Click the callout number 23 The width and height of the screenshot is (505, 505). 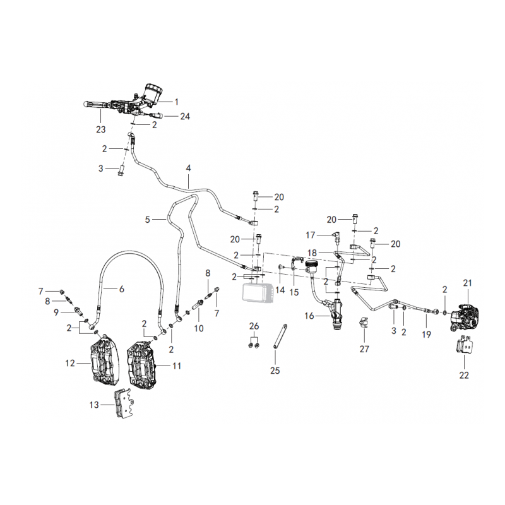pyautogui.click(x=101, y=129)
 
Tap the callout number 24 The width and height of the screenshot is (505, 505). pyautogui.click(x=185, y=116)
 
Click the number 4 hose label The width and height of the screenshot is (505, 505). pyautogui.click(x=188, y=168)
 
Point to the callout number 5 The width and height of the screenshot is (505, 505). pyautogui.click(x=148, y=220)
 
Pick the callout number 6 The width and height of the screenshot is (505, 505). pyautogui.click(x=121, y=289)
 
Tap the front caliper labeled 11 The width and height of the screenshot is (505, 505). pyautogui.click(x=141, y=364)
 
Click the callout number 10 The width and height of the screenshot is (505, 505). pyautogui.click(x=199, y=328)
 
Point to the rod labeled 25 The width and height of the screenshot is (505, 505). pyautogui.click(x=280, y=336)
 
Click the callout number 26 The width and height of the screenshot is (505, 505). pyautogui.click(x=254, y=326)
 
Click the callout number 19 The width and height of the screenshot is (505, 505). pyautogui.click(x=427, y=335)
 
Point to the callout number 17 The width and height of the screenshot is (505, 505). pyautogui.click(x=311, y=235)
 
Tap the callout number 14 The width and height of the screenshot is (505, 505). pyautogui.click(x=280, y=290)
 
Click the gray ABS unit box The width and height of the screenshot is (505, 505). pyautogui.click(x=258, y=292)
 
